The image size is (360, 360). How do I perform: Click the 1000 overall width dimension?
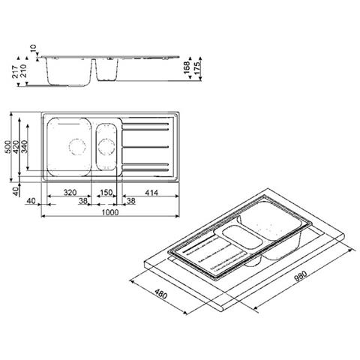(x=110, y=211)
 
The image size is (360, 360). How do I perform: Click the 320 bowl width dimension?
(x=70, y=193)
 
